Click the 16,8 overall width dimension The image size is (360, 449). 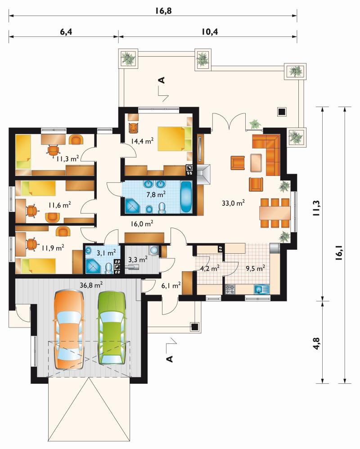pos(163,11)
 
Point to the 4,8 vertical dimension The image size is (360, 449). pos(316,343)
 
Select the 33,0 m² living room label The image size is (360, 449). pos(233,203)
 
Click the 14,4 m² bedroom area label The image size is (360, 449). pos(142,141)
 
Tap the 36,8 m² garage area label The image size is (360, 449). pos(91,285)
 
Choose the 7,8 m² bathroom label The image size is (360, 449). pos(156,194)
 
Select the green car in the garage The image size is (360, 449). pos(112,328)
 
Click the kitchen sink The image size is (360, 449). pos(261,289)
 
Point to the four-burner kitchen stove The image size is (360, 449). pos(230,289)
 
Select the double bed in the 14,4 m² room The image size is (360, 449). pos(175,139)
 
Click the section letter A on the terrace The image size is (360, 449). pos(162,80)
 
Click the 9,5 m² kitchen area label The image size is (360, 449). pos(255,269)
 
